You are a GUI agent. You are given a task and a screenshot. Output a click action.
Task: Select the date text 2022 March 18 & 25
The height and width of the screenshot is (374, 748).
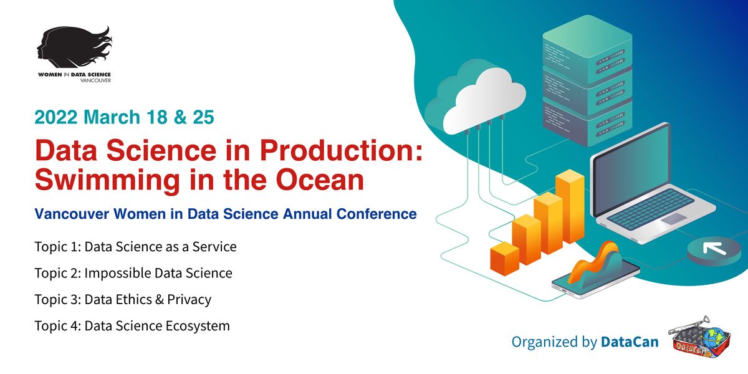(125, 117)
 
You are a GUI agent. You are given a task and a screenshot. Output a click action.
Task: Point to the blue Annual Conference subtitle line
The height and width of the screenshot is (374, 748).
(226, 214)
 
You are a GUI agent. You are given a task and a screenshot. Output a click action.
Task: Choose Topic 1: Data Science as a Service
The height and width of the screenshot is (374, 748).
(135, 246)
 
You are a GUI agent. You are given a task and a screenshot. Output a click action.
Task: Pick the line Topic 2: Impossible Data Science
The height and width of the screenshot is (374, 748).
(133, 273)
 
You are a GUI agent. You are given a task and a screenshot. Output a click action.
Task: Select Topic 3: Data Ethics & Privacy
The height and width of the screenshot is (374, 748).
(123, 299)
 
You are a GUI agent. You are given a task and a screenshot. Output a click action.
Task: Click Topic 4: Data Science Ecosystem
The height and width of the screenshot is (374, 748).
(132, 325)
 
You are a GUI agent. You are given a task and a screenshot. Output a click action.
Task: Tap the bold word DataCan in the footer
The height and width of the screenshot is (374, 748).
(629, 342)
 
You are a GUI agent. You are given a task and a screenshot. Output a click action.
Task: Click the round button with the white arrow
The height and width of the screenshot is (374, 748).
(711, 250)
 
